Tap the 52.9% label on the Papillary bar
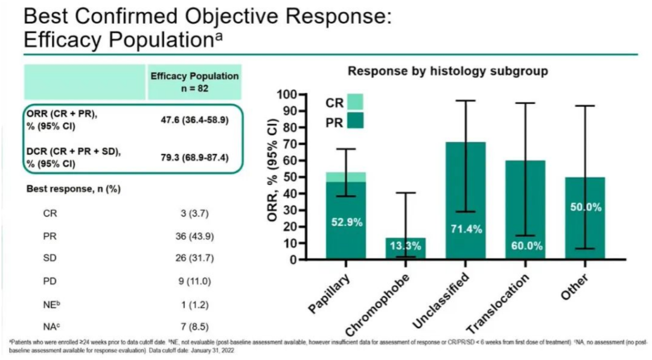347,222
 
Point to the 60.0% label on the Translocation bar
525,246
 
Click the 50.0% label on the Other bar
586,207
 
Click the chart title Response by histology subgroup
447,71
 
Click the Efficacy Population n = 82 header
194,82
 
